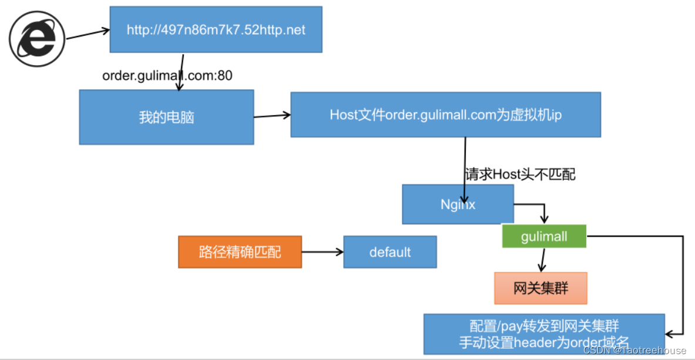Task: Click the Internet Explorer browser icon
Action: tap(36, 41)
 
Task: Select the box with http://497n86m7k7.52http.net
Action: tap(216, 29)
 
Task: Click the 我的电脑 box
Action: tap(166, 117)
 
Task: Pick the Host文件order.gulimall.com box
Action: tap(445, 115)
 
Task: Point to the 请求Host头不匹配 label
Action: tap(520, 174)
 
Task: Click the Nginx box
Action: tap(458, 204)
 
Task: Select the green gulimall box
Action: tap(544, 236)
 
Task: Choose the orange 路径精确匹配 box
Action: tap(240, 252)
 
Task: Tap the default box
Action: tap(390, 252)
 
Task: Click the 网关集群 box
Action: tap(540, 288)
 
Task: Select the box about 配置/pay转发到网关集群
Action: tap(544, 334)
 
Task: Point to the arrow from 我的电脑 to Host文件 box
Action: tap(272, 116)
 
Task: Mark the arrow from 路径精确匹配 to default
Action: tap(322, 252)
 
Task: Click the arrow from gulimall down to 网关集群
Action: tap(543, 260)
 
